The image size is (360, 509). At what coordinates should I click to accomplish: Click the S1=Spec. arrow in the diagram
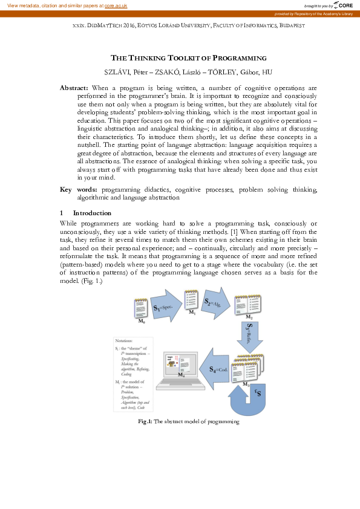click(166, 307)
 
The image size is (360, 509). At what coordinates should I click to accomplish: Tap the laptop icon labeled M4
click(180, 370)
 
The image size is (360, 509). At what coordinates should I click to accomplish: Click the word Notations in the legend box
click(126, 342)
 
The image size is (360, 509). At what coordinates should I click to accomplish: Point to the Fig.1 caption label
click(145, 421)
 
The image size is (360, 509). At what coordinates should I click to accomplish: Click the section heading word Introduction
click(92, 213)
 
